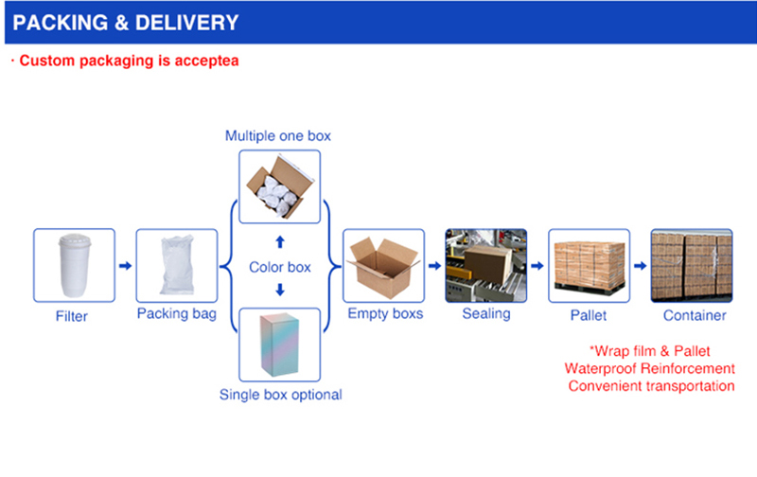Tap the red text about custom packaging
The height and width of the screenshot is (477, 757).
pyautogui.click(x=124, y=61)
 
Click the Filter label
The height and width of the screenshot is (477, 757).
pyautogui.click(x=74, y=315)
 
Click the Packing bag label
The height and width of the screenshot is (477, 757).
pyautogui.click(x=176, y=313)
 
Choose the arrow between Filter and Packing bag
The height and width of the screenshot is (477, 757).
pyautogui.click(x=125, y=266)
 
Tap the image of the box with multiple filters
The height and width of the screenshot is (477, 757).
pyautogui.click(x=278, y=186)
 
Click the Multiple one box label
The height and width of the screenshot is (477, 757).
pyautogui.click(x=278, y=135)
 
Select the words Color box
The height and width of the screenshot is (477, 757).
pyautogui.click(x=280, y=267)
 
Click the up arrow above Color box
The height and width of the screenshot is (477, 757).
pyautogui.click(x=280, y=241)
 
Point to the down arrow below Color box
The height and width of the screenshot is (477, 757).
pyautogui.click(x=280, y=291)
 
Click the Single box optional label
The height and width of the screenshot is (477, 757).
pyautogui.click(x=280, y=394)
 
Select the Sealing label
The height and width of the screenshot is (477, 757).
pyautogui.click(x=485, y=313)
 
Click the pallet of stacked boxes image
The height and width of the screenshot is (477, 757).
pyautogui.click(x=589, y=265)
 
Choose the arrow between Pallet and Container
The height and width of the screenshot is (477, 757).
pyautogui.click(x=640, y=266)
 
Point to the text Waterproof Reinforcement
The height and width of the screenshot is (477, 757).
pyautogui.click(x=649, y=368)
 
